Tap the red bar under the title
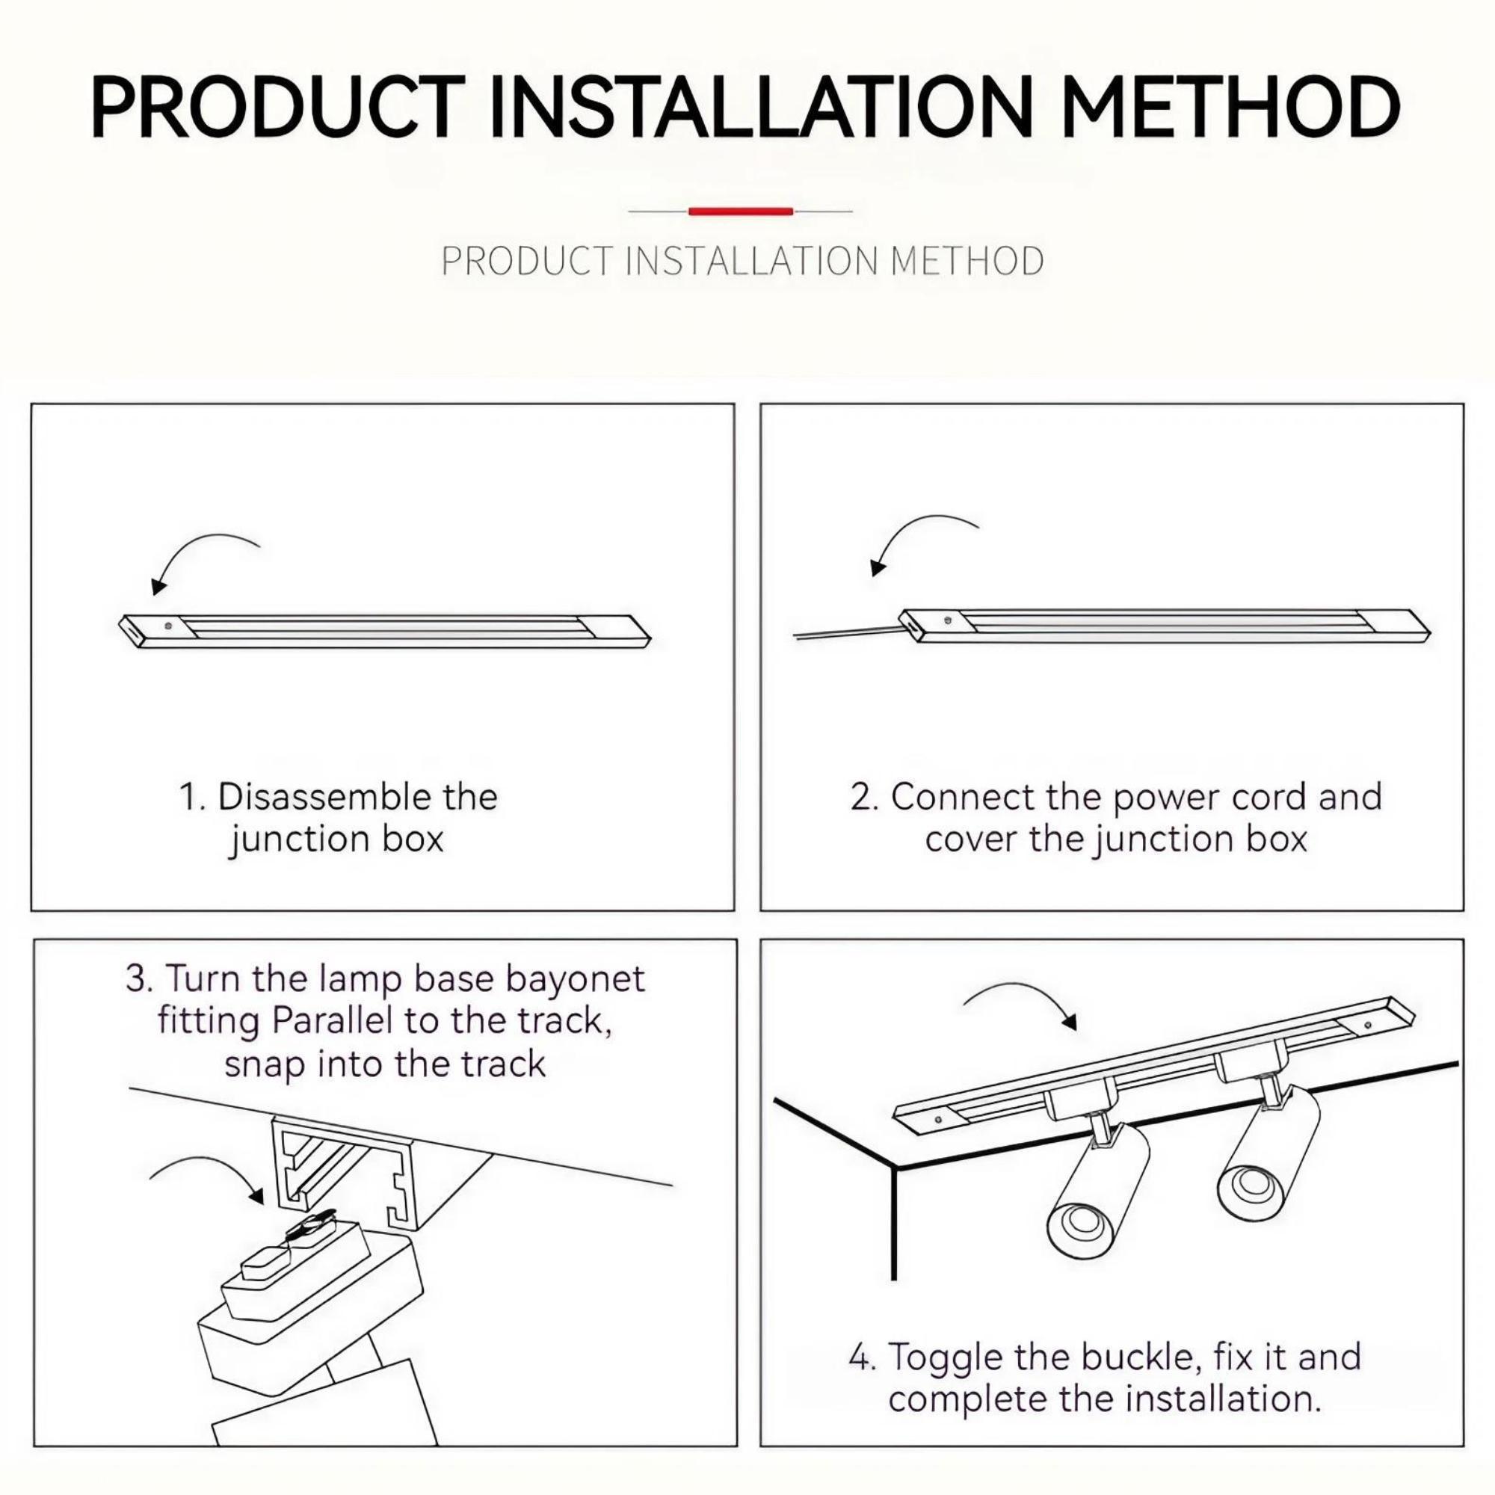coord(741,211)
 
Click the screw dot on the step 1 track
coord(168,624)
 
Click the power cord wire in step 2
coord(843,634)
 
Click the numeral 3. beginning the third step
coord(139,979)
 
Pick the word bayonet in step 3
coord(575,979)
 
